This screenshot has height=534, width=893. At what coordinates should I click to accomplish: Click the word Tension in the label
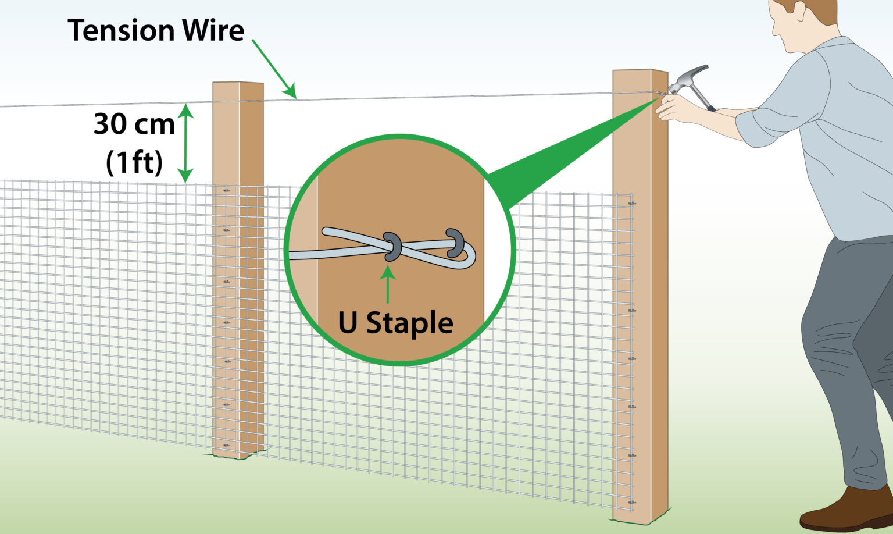pos(122,30)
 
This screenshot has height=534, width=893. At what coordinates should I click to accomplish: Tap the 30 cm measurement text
pos(134,124)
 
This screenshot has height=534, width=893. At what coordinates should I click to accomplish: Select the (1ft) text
pos(134,162)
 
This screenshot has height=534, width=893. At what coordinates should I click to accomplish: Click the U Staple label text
pos(395,323)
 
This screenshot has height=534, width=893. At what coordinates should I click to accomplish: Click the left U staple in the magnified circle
pos(392,247)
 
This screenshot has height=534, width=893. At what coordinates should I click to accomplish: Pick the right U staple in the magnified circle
pos(455,243)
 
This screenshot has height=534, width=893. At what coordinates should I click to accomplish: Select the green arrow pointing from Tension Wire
pos(274,69)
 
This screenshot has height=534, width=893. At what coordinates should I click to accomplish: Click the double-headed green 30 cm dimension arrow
pos(185,143)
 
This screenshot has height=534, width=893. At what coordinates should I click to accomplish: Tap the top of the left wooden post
pos(238,83)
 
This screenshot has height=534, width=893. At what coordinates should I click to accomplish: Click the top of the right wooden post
pos(640,71)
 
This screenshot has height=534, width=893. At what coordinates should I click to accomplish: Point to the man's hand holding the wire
pos(674,108)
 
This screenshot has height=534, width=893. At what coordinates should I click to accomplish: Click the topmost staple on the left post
pos(227,191)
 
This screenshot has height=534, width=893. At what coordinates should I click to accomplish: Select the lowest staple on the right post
pos(632,502)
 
